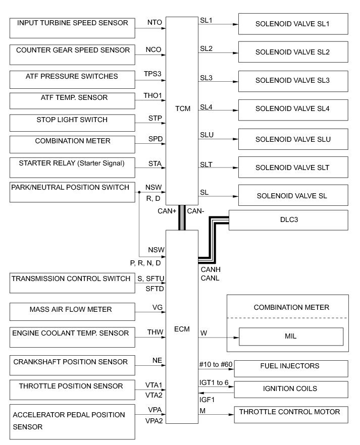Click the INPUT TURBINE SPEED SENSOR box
click(x=72, y=27)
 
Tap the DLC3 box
click(x=288, y=220)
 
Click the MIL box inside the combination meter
click(x=291, y=336)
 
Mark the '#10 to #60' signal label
click(x=214, y=365)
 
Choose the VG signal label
click(x=157, y=308)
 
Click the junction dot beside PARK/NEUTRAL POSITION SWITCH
click(x=139, y=192)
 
